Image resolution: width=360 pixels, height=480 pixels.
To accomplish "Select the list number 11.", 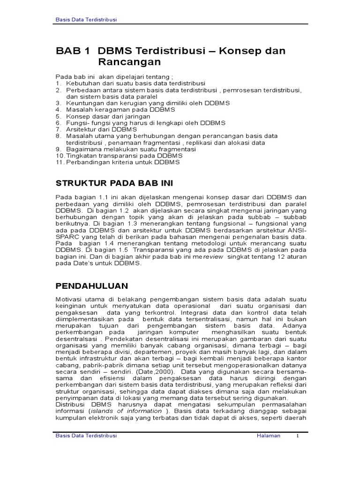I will click(x=60, y=162).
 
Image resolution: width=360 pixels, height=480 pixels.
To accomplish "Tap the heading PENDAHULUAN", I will click(x=92, y=285).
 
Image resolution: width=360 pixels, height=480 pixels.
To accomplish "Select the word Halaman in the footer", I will click(x=269, y=435).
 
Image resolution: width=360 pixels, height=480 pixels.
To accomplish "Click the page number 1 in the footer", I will click(x=297, y=435).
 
